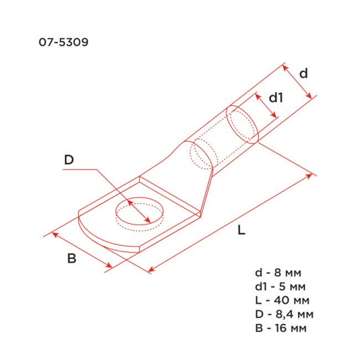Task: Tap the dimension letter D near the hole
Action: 69,160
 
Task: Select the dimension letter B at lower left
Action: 71,259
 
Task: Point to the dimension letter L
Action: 241,232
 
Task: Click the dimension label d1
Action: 276,98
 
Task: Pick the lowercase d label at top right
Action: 303,73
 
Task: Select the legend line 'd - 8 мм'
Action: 279,273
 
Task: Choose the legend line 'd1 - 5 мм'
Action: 280,287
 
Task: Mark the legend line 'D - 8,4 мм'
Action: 284,315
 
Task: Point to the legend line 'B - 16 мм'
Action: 282,328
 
